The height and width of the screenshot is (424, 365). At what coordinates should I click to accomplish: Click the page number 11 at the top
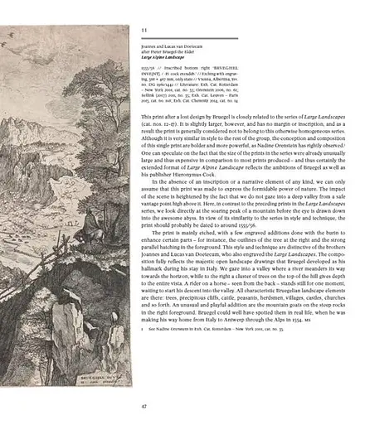tap(144, 30)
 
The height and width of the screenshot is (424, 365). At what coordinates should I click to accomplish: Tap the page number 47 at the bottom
tap(144, 407)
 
